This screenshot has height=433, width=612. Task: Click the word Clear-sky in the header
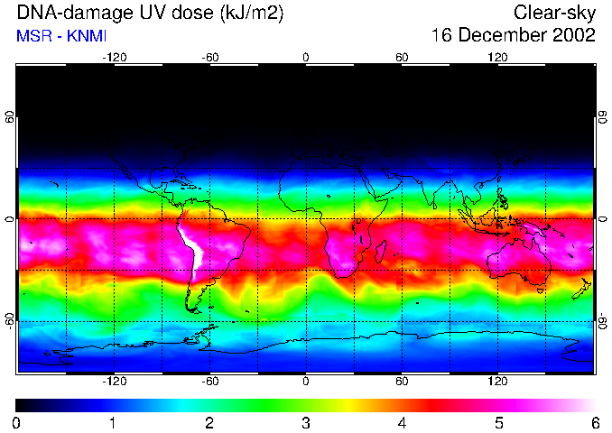pos(554,13)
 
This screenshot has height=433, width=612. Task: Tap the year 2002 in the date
pos(572,35)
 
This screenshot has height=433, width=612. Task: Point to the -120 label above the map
pos(114,57)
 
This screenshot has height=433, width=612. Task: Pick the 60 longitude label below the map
pos(402,381)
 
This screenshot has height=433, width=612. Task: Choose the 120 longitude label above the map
pos(497,57)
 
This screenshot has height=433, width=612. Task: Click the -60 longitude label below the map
pos(209,381)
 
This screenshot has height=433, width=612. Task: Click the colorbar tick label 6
pos(594,422)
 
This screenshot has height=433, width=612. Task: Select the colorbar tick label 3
pos(305,422)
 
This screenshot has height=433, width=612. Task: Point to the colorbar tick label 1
pos(113,422)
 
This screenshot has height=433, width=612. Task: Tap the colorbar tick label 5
pos(498,422)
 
